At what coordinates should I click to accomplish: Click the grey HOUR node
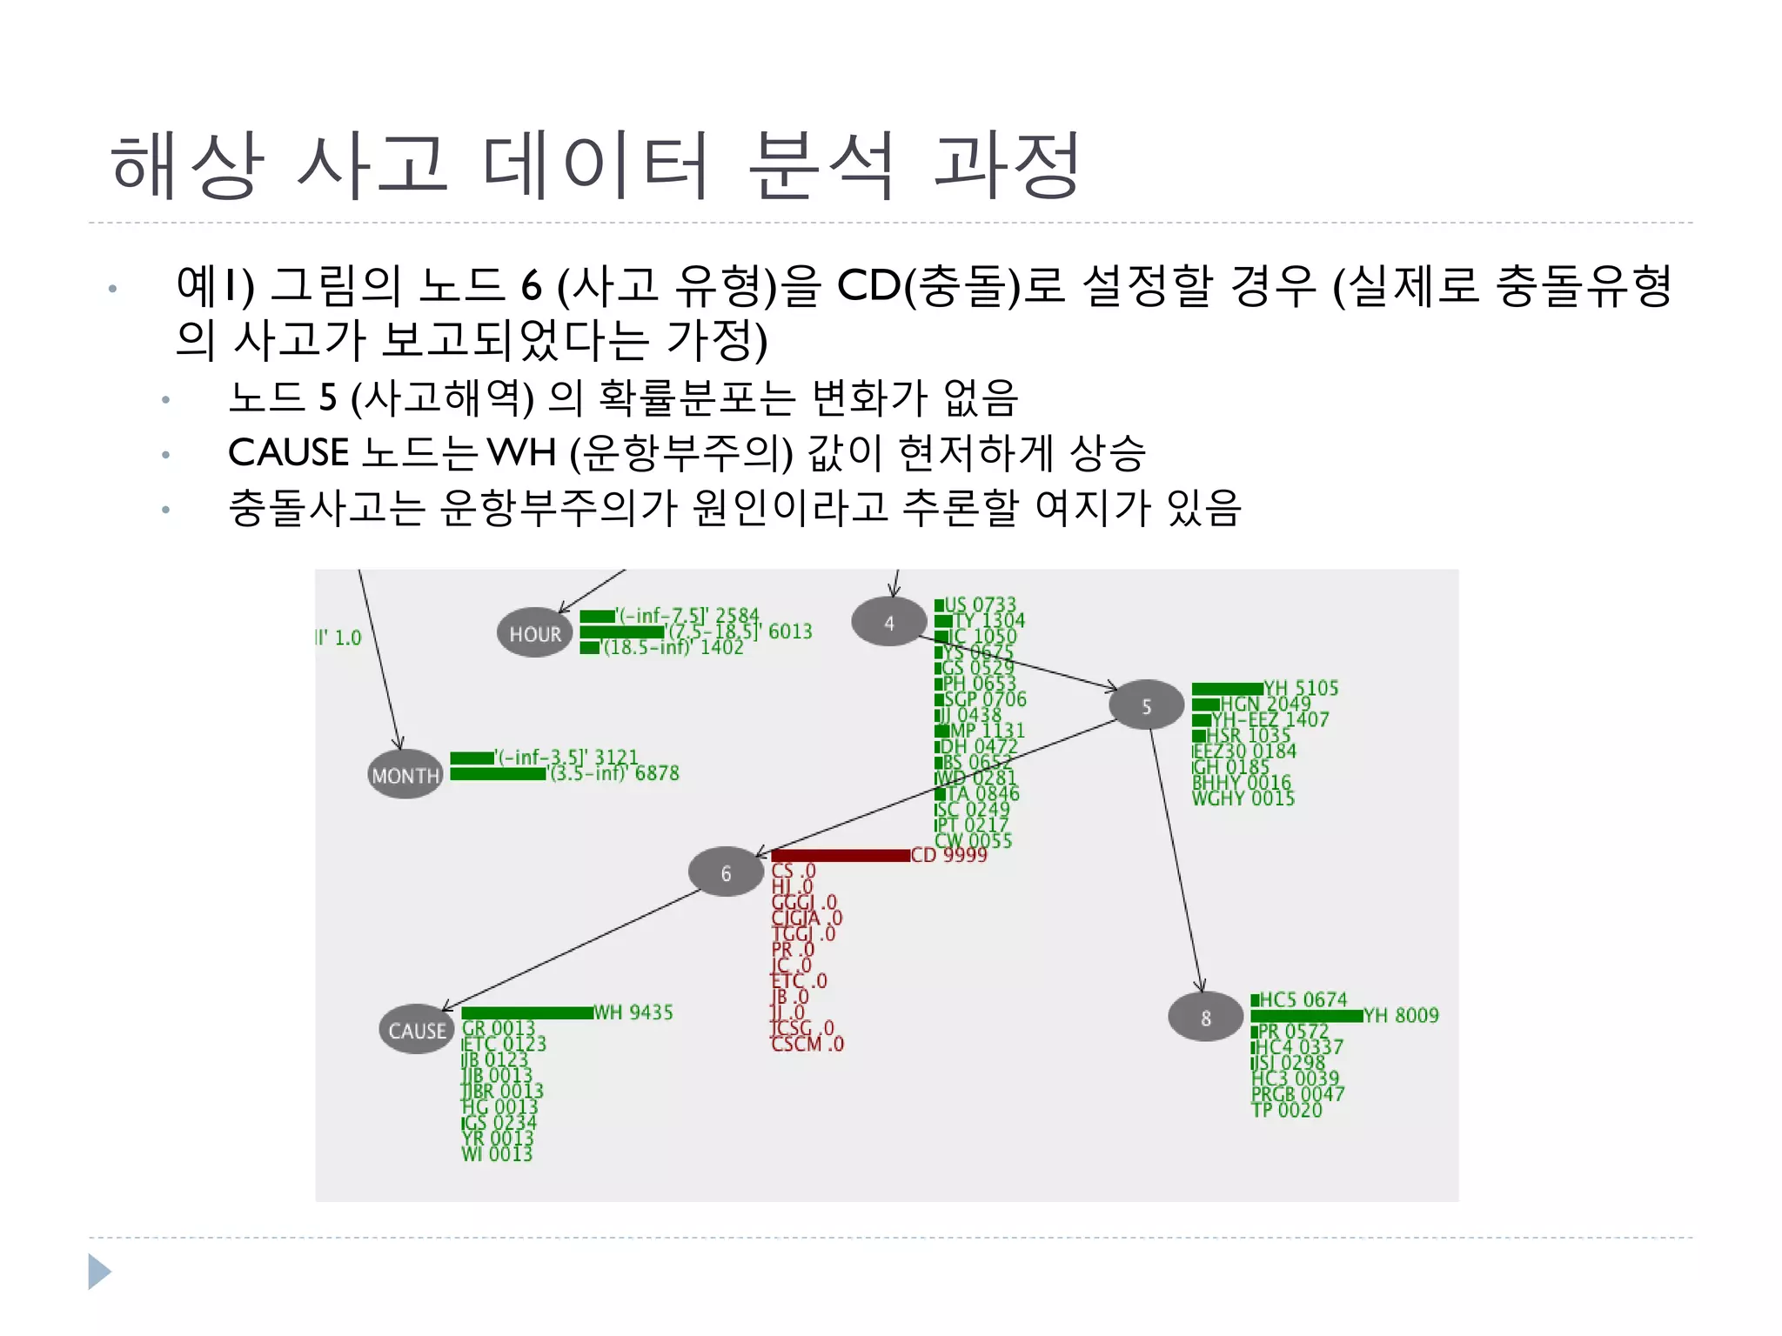pos(535,632)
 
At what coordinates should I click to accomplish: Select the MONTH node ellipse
pos(405,774)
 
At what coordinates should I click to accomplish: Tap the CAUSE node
pos(417,1030)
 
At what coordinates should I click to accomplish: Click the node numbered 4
pos(888,622)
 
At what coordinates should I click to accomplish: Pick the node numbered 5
pos(1146,705)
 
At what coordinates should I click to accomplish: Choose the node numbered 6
pos(726,872)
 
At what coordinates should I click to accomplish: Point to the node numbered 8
pos(1205,1017)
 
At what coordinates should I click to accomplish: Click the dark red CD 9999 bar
pos(841,856)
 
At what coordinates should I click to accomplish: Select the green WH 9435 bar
pos(527,1012)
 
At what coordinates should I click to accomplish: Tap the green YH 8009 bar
pos(1306,1016)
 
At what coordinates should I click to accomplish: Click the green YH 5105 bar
pos(1227,689)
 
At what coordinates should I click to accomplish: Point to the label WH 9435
pos(633,1012)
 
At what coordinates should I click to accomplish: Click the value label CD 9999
pos(949,855)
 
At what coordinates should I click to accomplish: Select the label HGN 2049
pos(1266,704)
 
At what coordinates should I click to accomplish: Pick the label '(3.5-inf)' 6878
pos(614,773)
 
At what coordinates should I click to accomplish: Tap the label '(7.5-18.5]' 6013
pos(739,631)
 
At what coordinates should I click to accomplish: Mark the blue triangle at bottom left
pos(99,1272)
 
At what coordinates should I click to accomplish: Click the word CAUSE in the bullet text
pos(289,453)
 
